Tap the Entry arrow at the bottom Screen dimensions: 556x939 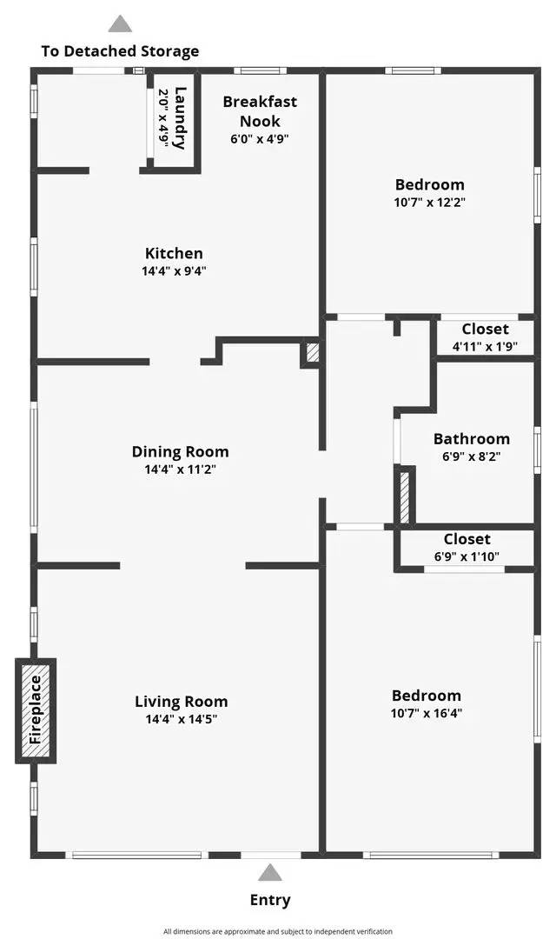click(x=270, y=872)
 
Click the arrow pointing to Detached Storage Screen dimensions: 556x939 click(x=120, y=23)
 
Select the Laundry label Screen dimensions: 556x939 click(x=180, y=118)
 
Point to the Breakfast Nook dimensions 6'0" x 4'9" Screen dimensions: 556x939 click(x=260, y=139)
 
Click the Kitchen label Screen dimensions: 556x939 click(x=174, y=253)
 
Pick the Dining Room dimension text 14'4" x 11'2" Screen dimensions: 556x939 click(x=180, y=469)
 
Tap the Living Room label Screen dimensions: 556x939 click(x=182, y=702)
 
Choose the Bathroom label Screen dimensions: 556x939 click(x=472, y=439)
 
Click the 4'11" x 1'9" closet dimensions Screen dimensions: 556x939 click(x=485, y=346)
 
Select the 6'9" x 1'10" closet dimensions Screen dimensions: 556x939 click(x=467, y=556)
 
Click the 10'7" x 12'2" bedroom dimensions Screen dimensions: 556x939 click(x=430, y=202)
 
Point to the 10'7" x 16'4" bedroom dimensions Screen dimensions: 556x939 click(x=427, y=713)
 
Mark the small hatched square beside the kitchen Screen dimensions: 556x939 click(x=312, y=352)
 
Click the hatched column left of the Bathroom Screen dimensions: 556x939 click(x=405, y=496)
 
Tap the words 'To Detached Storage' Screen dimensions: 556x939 click(x=120, y=51)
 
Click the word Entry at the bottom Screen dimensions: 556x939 click(x=270, y=900)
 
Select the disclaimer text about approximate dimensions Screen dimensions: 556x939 click(x=278, y=931)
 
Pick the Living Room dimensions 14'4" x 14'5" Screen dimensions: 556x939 click(x=182, y=719)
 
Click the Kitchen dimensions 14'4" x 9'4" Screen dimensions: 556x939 click(x=174, y=270)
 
